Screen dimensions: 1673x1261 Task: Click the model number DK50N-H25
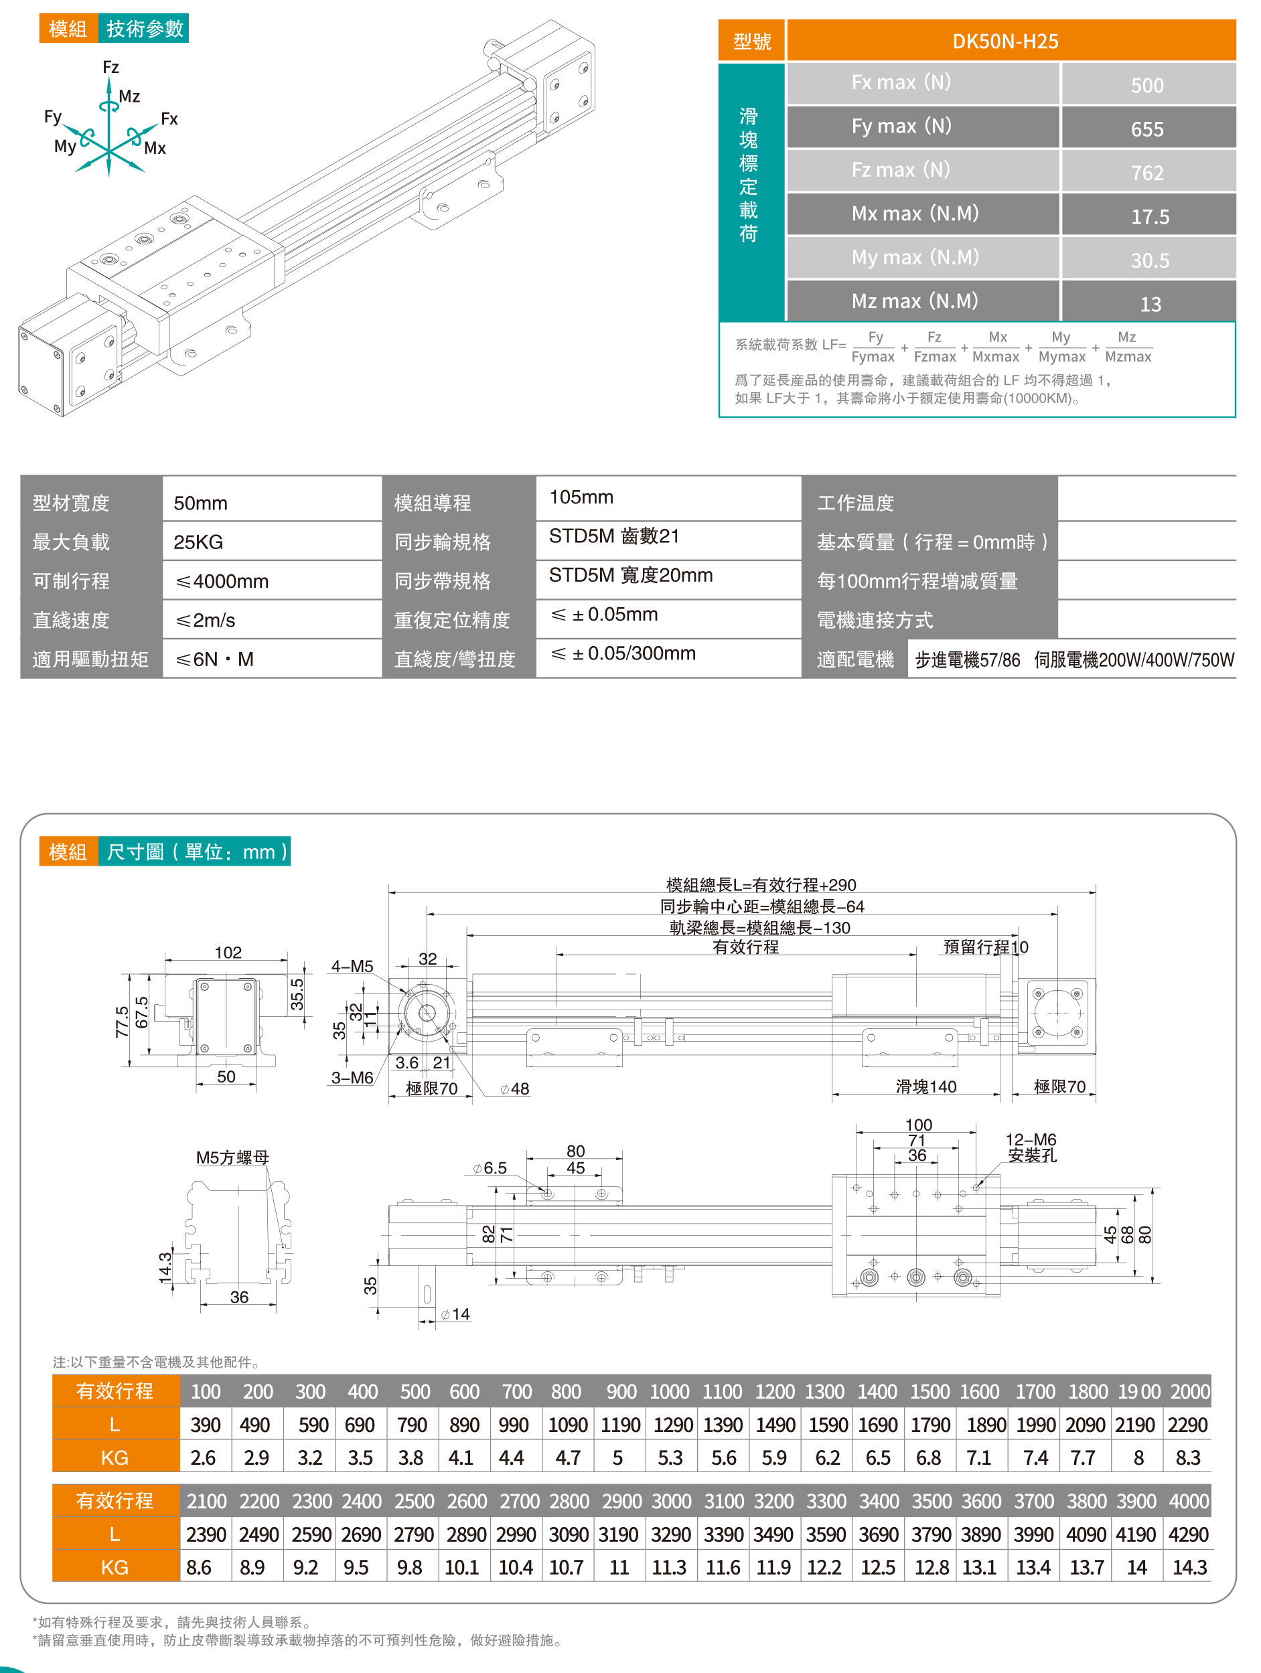click(x=1005, y=41)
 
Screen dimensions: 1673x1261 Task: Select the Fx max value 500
click(x=1146, y=85)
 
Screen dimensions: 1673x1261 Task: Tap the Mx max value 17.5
click(x=1150, y=216)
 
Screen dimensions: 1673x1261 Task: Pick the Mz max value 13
click(x=1150, y=304)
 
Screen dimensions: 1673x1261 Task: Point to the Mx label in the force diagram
click(x=155, y=148)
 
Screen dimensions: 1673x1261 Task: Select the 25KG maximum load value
click(x=198, y=542)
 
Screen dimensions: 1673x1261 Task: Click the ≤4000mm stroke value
click(x=222, y=582)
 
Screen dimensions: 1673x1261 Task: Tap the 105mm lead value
click(x=581, y=497)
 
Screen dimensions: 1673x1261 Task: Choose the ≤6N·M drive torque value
click(x=215, y=659)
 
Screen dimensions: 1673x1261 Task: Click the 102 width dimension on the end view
click(x=228, y=952)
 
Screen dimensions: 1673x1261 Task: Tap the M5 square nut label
click(x=232, y=1158)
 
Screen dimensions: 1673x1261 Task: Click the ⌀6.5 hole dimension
click(x=490, y=1168)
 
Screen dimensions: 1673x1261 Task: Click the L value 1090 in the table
click(x=567, y=1425)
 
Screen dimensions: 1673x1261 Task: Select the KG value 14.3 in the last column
click(x=1189, y=1568)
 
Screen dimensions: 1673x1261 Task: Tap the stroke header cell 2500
click(x=414, y=1502)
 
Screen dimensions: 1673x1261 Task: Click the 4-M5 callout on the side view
click(x=352, y=966)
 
